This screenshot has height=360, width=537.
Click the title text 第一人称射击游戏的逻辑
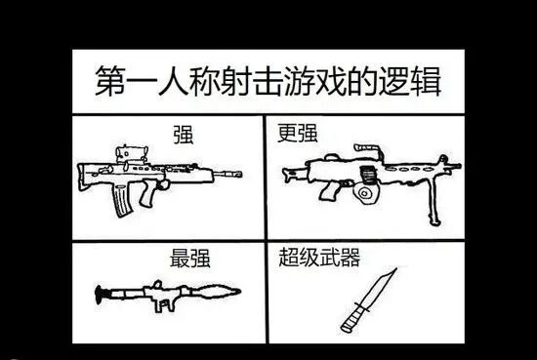[268, 81]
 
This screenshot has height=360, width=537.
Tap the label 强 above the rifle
[184, 135]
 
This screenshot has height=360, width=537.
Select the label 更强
[297, 133]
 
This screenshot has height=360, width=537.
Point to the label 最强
[189, 258]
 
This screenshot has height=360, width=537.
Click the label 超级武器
[319, 257]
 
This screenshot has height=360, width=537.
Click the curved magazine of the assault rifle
[121, 200]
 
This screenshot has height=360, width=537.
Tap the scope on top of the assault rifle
[132, 154]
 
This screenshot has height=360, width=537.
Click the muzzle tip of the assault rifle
[240, 175]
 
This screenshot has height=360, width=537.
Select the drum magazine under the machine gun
[366, 194]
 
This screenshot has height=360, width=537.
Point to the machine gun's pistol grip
[329, 191]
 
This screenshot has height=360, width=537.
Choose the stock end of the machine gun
[289, 175]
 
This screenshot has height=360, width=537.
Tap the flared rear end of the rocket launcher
[100, 295]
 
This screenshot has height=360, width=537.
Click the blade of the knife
[378, 290]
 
